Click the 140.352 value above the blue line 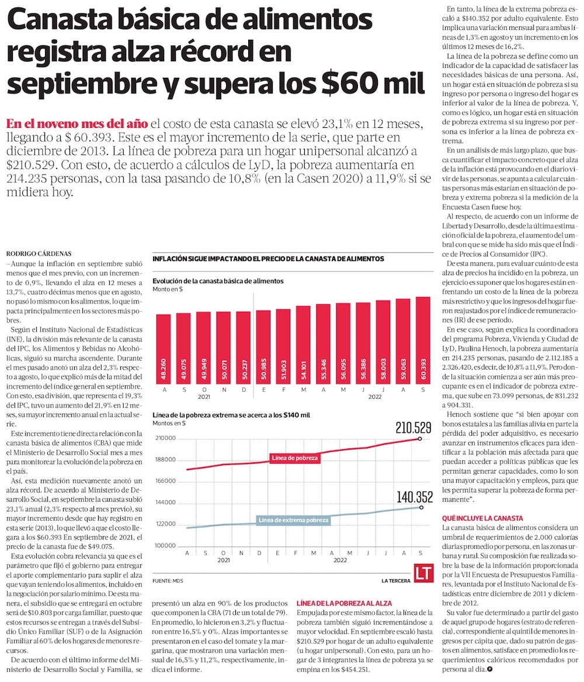pyautogui.click(x=415, y=497)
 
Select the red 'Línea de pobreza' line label pyautogui.click(x=295, y=458)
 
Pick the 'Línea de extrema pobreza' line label pyautogui.click(x=293, y=520)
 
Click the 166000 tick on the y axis pyautogui.click(x=166, y=481)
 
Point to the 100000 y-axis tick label pyautogui.click(x=166, y=545)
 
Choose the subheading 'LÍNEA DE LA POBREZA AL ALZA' pyautogui.click(x=345, y=603)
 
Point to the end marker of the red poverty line pyautogui.click(x=419, y=439)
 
